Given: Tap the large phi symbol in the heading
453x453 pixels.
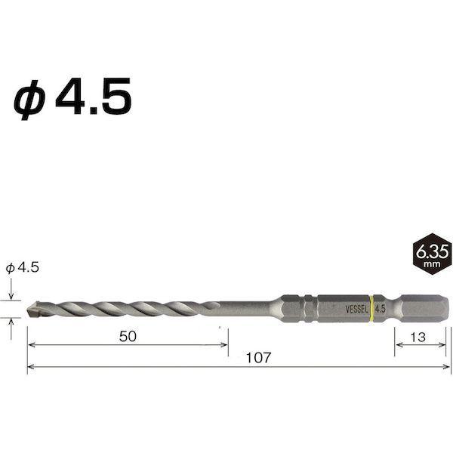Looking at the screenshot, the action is (29, 100).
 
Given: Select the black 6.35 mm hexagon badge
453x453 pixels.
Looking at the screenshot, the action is (432, 254).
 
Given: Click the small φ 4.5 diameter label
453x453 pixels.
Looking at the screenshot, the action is (22, 268).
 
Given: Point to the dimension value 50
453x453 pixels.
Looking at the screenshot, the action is (128, 336).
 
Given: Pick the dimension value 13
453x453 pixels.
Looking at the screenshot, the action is (418, 337).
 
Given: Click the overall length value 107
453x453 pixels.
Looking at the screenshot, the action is (258, 358).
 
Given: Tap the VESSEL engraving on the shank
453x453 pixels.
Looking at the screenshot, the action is (357, 310).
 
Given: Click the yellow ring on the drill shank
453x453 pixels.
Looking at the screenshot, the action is (372, 308).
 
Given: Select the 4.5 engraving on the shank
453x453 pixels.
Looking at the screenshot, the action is (380, 309).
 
